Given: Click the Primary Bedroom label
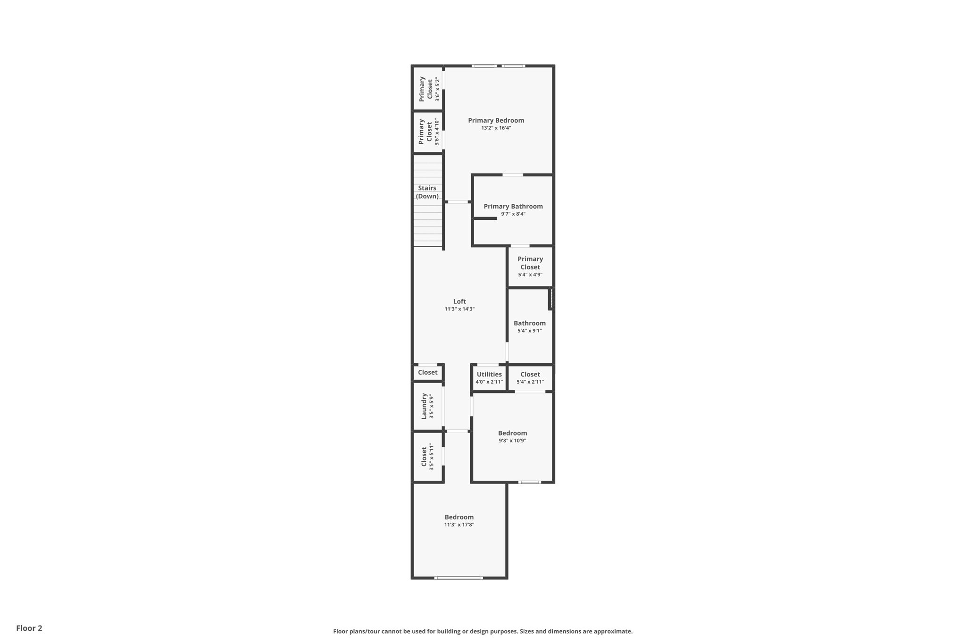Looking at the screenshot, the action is pyautogui.click(x=496, y=120).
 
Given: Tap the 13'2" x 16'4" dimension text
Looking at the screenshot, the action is pyautogui.click(x=496, y=128).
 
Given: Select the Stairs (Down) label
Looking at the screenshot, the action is pyautogui.click(x=427, y=192).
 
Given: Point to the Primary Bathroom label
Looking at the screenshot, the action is pyautogui.click(x=513, y=206).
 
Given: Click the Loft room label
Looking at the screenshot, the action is pyautogui.click(x=459, y=301).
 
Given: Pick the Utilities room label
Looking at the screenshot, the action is pyautogui.click(x=489, y=374).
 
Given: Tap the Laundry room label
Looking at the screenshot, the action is pyautogui.click(x=424, y=406).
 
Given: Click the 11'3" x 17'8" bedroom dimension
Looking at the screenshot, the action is pyautogui.click(x=459, y=525).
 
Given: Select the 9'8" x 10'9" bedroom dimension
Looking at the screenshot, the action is pyautogui.click(x=512, y=441).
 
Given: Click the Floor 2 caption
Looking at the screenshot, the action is pyautogui.click(x=29, y=628).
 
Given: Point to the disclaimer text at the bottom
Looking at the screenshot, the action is pyautogui.click(x=483, y=631).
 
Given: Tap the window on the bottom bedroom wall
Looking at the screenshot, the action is pyautogui.click(x=458, y=578).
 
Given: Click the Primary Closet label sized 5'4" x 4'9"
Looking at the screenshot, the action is pyautogui.click(x=530, y=263).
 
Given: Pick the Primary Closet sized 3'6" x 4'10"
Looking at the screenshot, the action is pyautogui.click(x=425, y=132).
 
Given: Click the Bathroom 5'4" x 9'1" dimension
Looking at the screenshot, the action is pyautogui.click(x=530, y=331).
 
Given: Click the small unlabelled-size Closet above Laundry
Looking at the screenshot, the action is pyautogui.click(x=428, y=372).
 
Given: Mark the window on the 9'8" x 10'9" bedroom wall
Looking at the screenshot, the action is pyautogui.click(x=529, y=482).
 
